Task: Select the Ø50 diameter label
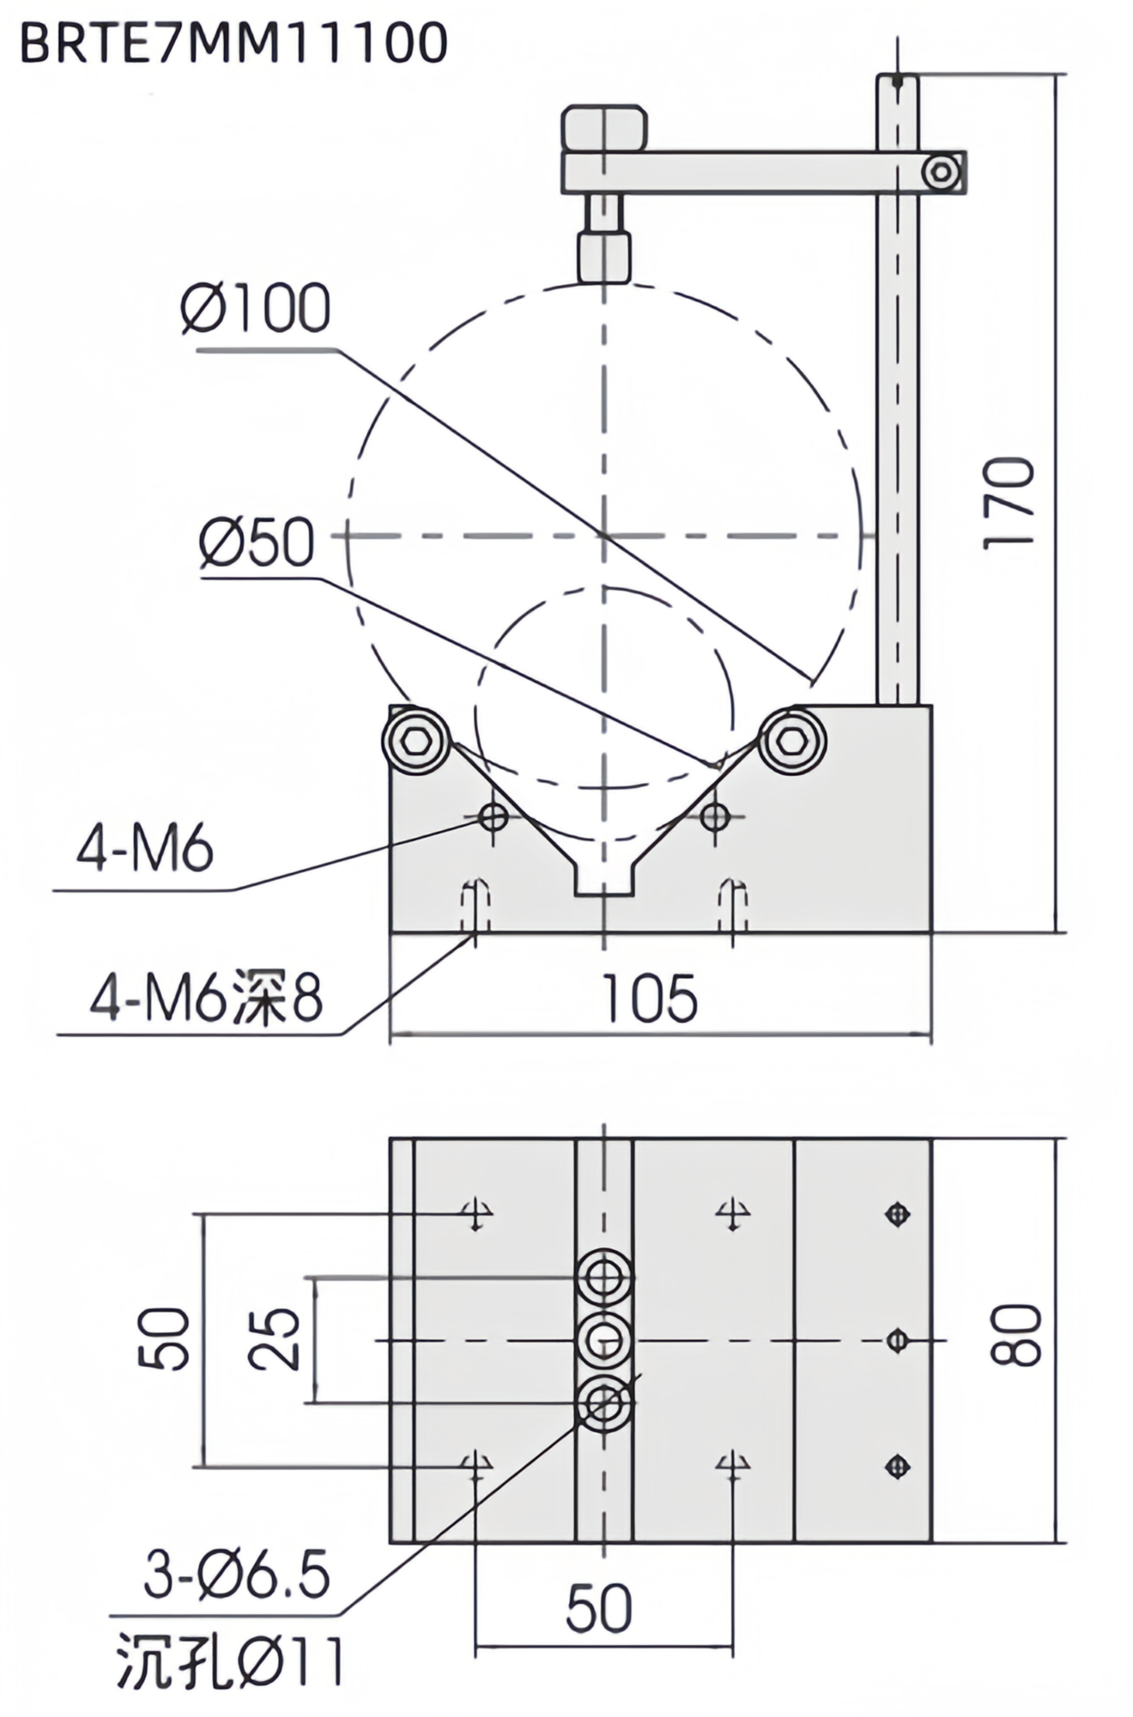point(257,543)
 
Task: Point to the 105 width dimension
point(649,999)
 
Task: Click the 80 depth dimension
point(1016,1335)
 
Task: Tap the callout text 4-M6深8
point(207,998)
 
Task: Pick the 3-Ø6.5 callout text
point(237,1576)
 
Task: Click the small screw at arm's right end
point(942,173)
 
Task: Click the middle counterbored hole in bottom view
point(604,1339)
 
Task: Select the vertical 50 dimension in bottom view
point(164,1338)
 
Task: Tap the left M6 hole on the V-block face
point(494,816)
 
